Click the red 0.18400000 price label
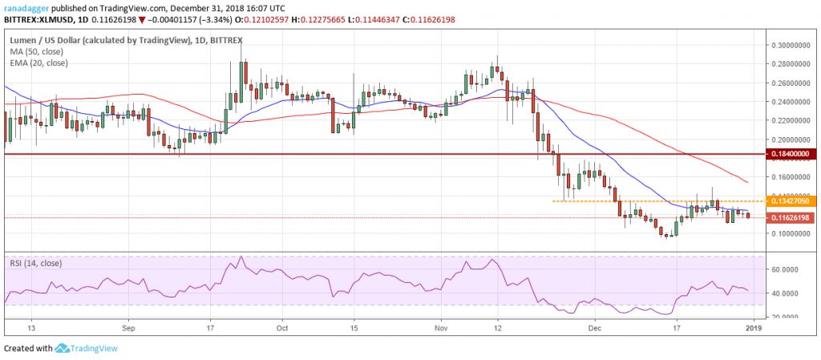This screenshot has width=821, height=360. pyautogui.click(x=790, y=153)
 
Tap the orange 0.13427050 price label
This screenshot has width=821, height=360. pyautogui.click(x=790, y=201)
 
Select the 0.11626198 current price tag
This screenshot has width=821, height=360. pyautogui.click(x=790, y=218)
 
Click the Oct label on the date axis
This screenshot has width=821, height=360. pyautogui.click(x=282, y=327)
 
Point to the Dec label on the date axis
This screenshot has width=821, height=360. pyautogui.click(x=595, y=327)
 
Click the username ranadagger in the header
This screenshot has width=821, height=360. pyautogui.click(x=26, y=6)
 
